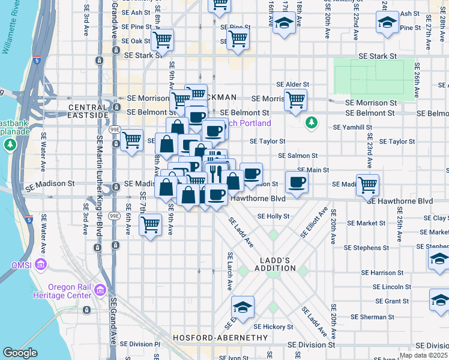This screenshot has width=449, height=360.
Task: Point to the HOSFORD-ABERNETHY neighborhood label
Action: point(219,338)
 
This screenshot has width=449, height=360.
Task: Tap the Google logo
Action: point(20,353)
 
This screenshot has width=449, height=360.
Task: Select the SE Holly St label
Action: point(273,217)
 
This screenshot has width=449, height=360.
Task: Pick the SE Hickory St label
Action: point(273,327)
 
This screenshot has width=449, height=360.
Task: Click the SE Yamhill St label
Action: point(354,127)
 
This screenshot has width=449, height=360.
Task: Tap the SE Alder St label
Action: point(292,85)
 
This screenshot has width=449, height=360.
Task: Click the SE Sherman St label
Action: point(370,317)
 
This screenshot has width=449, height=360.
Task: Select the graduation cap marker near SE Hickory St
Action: point(243,308)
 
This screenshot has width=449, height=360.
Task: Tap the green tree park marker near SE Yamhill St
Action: point(311,123)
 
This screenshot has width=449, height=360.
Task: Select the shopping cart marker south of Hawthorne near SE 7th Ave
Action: point(150,225)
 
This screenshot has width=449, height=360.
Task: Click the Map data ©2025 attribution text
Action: point(421,355)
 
